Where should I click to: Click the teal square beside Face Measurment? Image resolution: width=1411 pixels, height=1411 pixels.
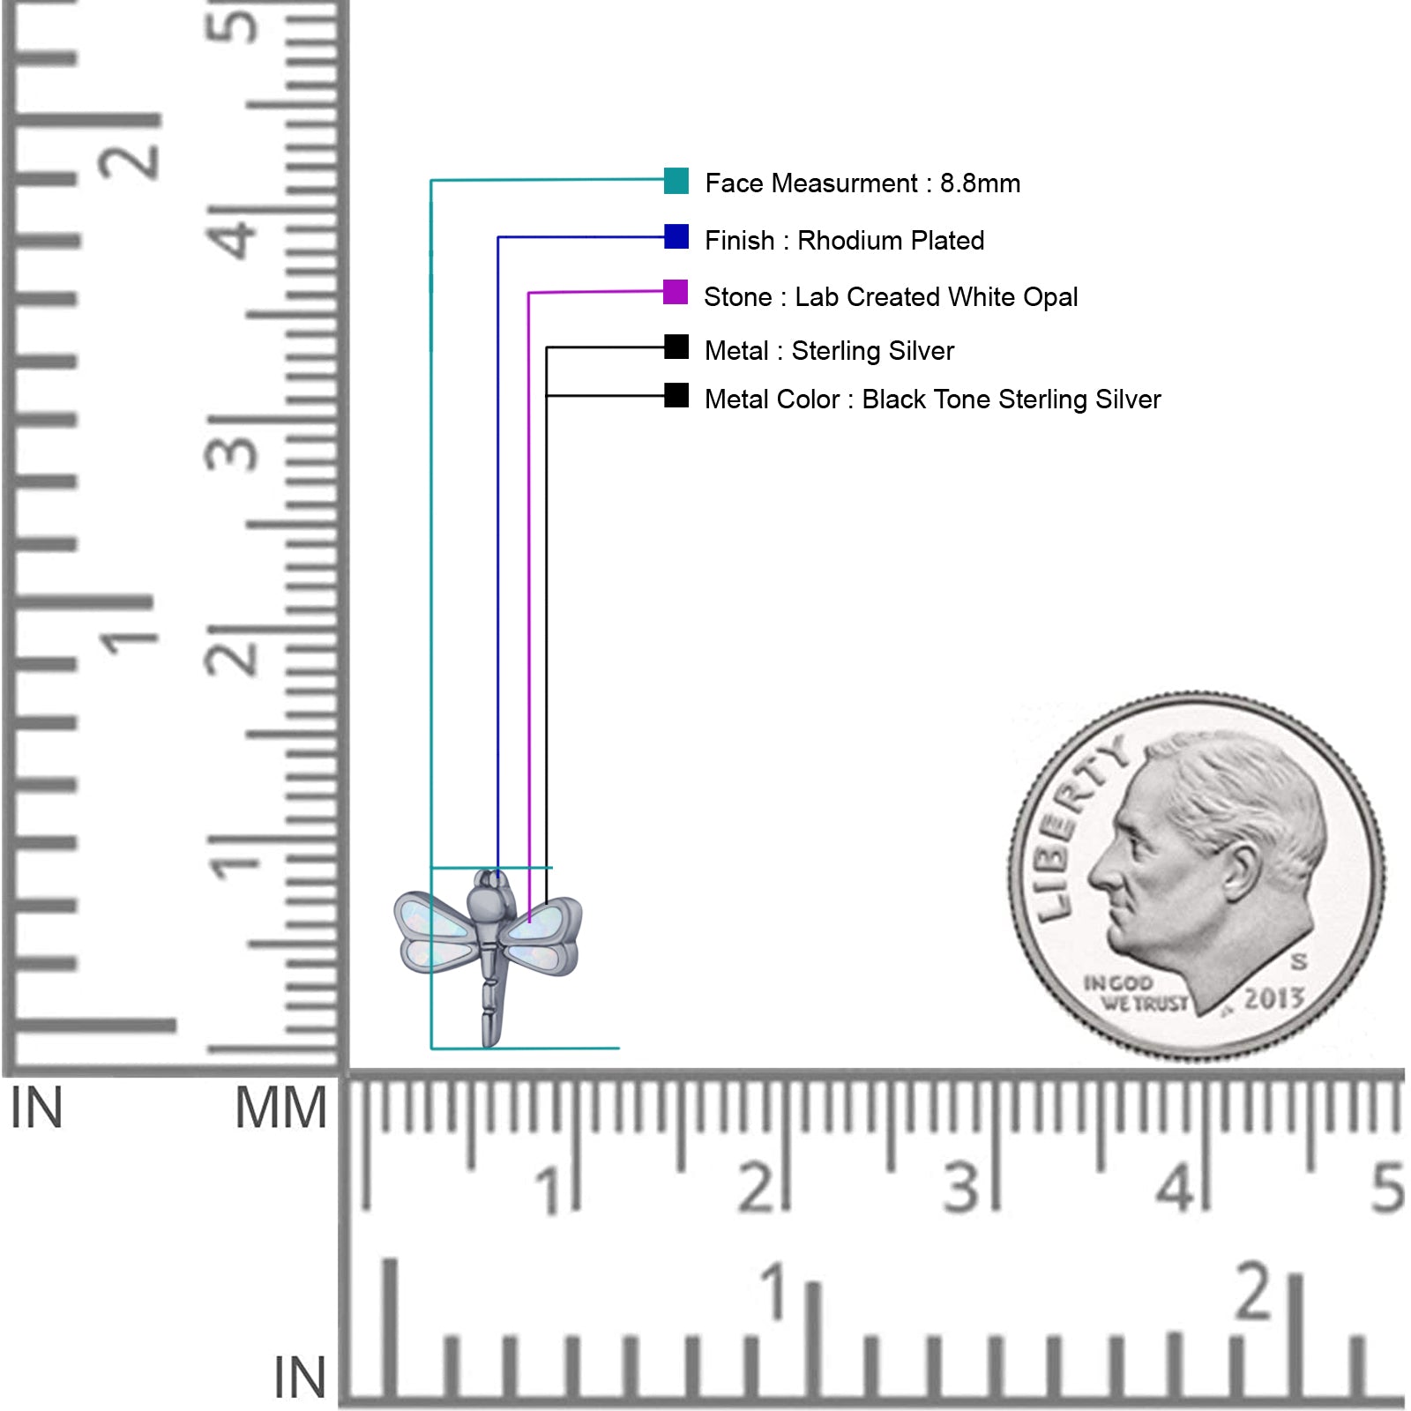click(676, 181)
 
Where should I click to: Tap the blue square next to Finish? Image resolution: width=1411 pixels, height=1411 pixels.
click(676, 236)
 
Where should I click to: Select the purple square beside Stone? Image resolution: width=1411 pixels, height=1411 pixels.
click(676, 292)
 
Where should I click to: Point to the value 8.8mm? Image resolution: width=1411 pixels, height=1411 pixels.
click(980, 183)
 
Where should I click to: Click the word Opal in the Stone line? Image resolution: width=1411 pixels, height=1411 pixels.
click(1050, 297)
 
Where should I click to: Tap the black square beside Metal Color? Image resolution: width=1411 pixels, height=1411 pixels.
click(676, 395)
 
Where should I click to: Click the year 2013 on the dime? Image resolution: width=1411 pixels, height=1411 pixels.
click(1273, 998)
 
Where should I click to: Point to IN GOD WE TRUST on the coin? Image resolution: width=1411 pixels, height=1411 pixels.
click(1136, 993)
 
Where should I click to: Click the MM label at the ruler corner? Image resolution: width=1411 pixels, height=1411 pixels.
click(280, 1109)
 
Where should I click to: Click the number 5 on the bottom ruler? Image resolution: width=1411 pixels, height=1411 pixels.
click(1386, 1188)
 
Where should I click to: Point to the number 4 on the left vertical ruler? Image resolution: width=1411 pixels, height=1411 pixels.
click(235, 235)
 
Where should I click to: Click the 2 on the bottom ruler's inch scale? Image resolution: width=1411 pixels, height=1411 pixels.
click(1253, 1292)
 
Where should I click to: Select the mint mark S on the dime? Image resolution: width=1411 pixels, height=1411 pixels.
click(1299, 961)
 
